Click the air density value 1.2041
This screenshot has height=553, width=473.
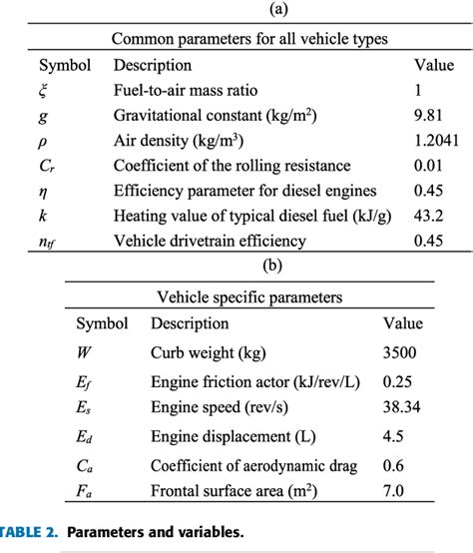tap(436, 140)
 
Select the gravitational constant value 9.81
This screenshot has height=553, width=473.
tap(428, 115)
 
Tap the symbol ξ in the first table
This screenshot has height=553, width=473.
tap(43, 90)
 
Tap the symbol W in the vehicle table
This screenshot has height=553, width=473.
tap(83, 351)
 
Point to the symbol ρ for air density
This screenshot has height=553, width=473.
tap(43, 141)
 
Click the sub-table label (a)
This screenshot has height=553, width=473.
tap(236, 11)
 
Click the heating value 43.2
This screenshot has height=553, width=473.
tap(428, 215)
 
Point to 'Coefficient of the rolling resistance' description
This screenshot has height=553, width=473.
tap(232, 165)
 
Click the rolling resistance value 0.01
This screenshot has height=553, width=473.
tap(428, 165)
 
